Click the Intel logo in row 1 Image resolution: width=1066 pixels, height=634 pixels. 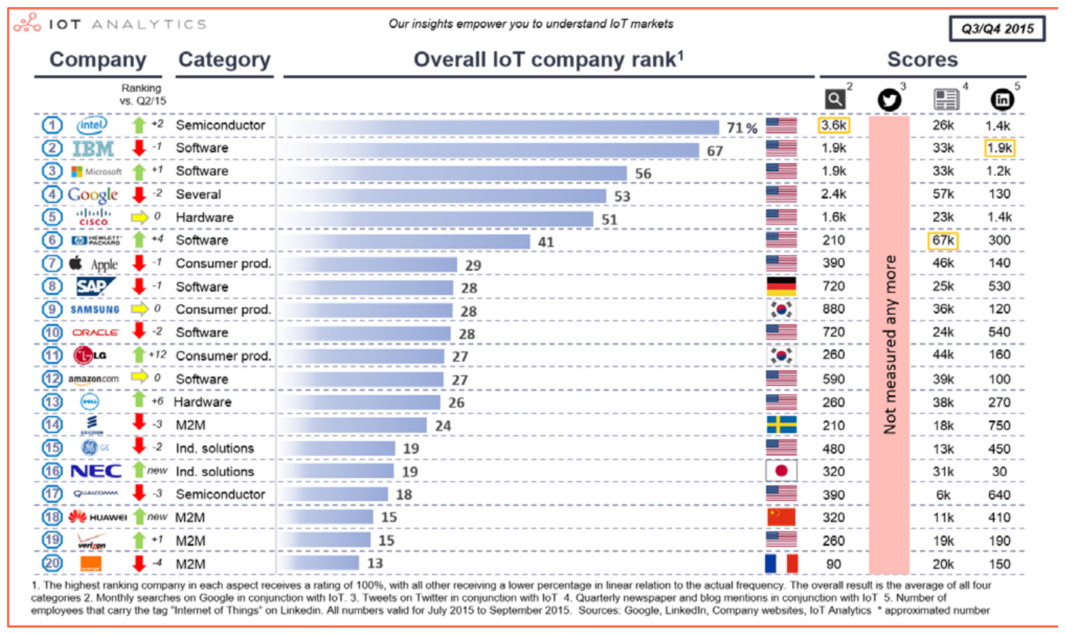click(x=92, y=125)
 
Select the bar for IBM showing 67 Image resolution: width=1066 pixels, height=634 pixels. click(x=490, y=150)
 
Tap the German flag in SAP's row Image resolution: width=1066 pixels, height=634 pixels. click(x=781, y=286)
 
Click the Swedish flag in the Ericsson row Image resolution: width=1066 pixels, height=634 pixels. click(x=781, y=425)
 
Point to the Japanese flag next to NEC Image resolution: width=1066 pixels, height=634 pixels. click(x=781, y=471)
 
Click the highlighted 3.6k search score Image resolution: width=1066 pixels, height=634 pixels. click(x=834, y=125)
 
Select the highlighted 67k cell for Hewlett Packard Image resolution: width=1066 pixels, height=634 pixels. click(x=942, y=240)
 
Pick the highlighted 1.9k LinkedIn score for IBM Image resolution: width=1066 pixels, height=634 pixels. click(x=999, y=148)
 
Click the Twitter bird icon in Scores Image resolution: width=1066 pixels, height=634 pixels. click(x=889, y=99)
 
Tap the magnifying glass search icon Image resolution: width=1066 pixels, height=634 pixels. click(x=834, y=99)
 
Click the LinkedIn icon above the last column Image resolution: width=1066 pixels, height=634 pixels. click(x=1002, y=99)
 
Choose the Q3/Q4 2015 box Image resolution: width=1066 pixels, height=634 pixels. click(x=997, y=29)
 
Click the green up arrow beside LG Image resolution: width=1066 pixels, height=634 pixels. click(x=139, y=355)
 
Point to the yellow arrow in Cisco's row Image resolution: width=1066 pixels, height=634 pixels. click(x=139, y=217)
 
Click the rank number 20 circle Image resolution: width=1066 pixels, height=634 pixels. click(x=52, y=563)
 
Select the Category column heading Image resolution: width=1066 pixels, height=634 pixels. click(x=224, y=59)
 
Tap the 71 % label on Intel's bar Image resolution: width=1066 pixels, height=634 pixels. click(x=742, y=128)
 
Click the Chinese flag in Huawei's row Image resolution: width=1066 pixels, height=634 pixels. click(x=781, y=517)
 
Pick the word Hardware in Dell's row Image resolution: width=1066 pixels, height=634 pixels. click(x=203, y=402)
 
